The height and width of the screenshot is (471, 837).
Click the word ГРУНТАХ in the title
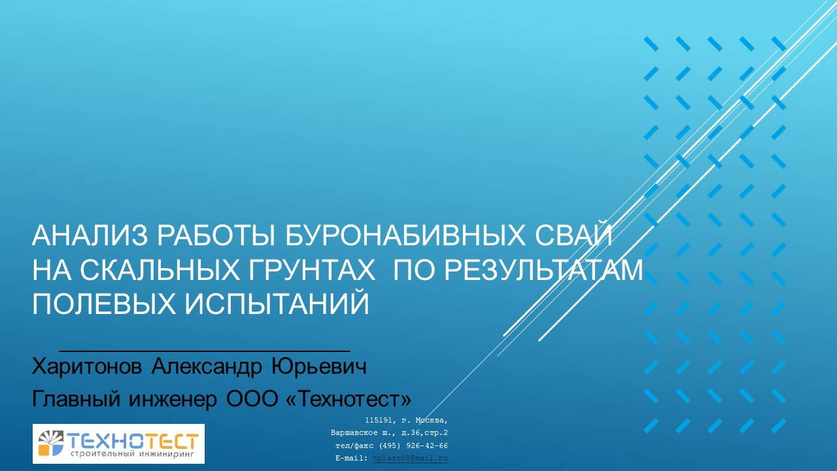pos(307,270)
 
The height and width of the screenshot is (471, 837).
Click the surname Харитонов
pos(87,366)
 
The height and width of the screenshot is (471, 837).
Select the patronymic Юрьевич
pos(318,366)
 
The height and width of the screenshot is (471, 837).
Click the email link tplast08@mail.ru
pos(410,459)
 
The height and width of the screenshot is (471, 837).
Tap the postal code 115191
pos(378,420)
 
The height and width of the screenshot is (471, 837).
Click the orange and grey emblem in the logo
pos(51,443)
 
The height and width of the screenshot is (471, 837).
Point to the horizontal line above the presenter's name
pos(204,352)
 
